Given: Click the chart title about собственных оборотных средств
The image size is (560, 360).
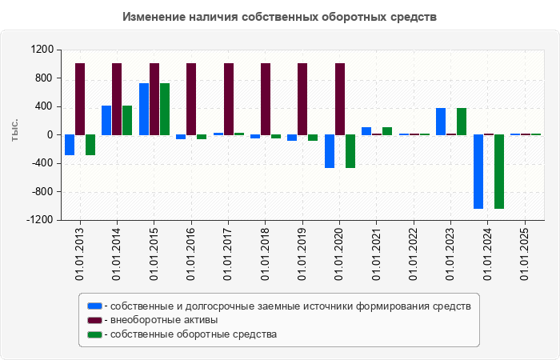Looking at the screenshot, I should [x=280, y=17].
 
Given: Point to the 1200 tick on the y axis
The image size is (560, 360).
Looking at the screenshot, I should [x=42, y=50].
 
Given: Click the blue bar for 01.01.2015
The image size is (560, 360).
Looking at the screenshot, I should [x=144, y=109].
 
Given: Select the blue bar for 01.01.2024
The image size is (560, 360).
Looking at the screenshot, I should [x=478, y=171].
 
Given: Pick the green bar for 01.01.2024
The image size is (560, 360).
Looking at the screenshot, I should [x=499, y=171].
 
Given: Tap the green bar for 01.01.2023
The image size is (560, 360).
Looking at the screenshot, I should [x=462, y=121].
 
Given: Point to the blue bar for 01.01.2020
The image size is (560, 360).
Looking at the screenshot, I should [x=330, y=151].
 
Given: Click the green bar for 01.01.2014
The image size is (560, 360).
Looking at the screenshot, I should [x=127, y=120].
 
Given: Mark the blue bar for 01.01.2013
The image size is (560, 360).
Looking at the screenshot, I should [x=70, y=145].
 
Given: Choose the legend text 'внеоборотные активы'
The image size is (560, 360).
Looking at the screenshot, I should [x=166, y=320].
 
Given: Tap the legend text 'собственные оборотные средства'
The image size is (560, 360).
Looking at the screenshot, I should [x=194, y=334].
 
